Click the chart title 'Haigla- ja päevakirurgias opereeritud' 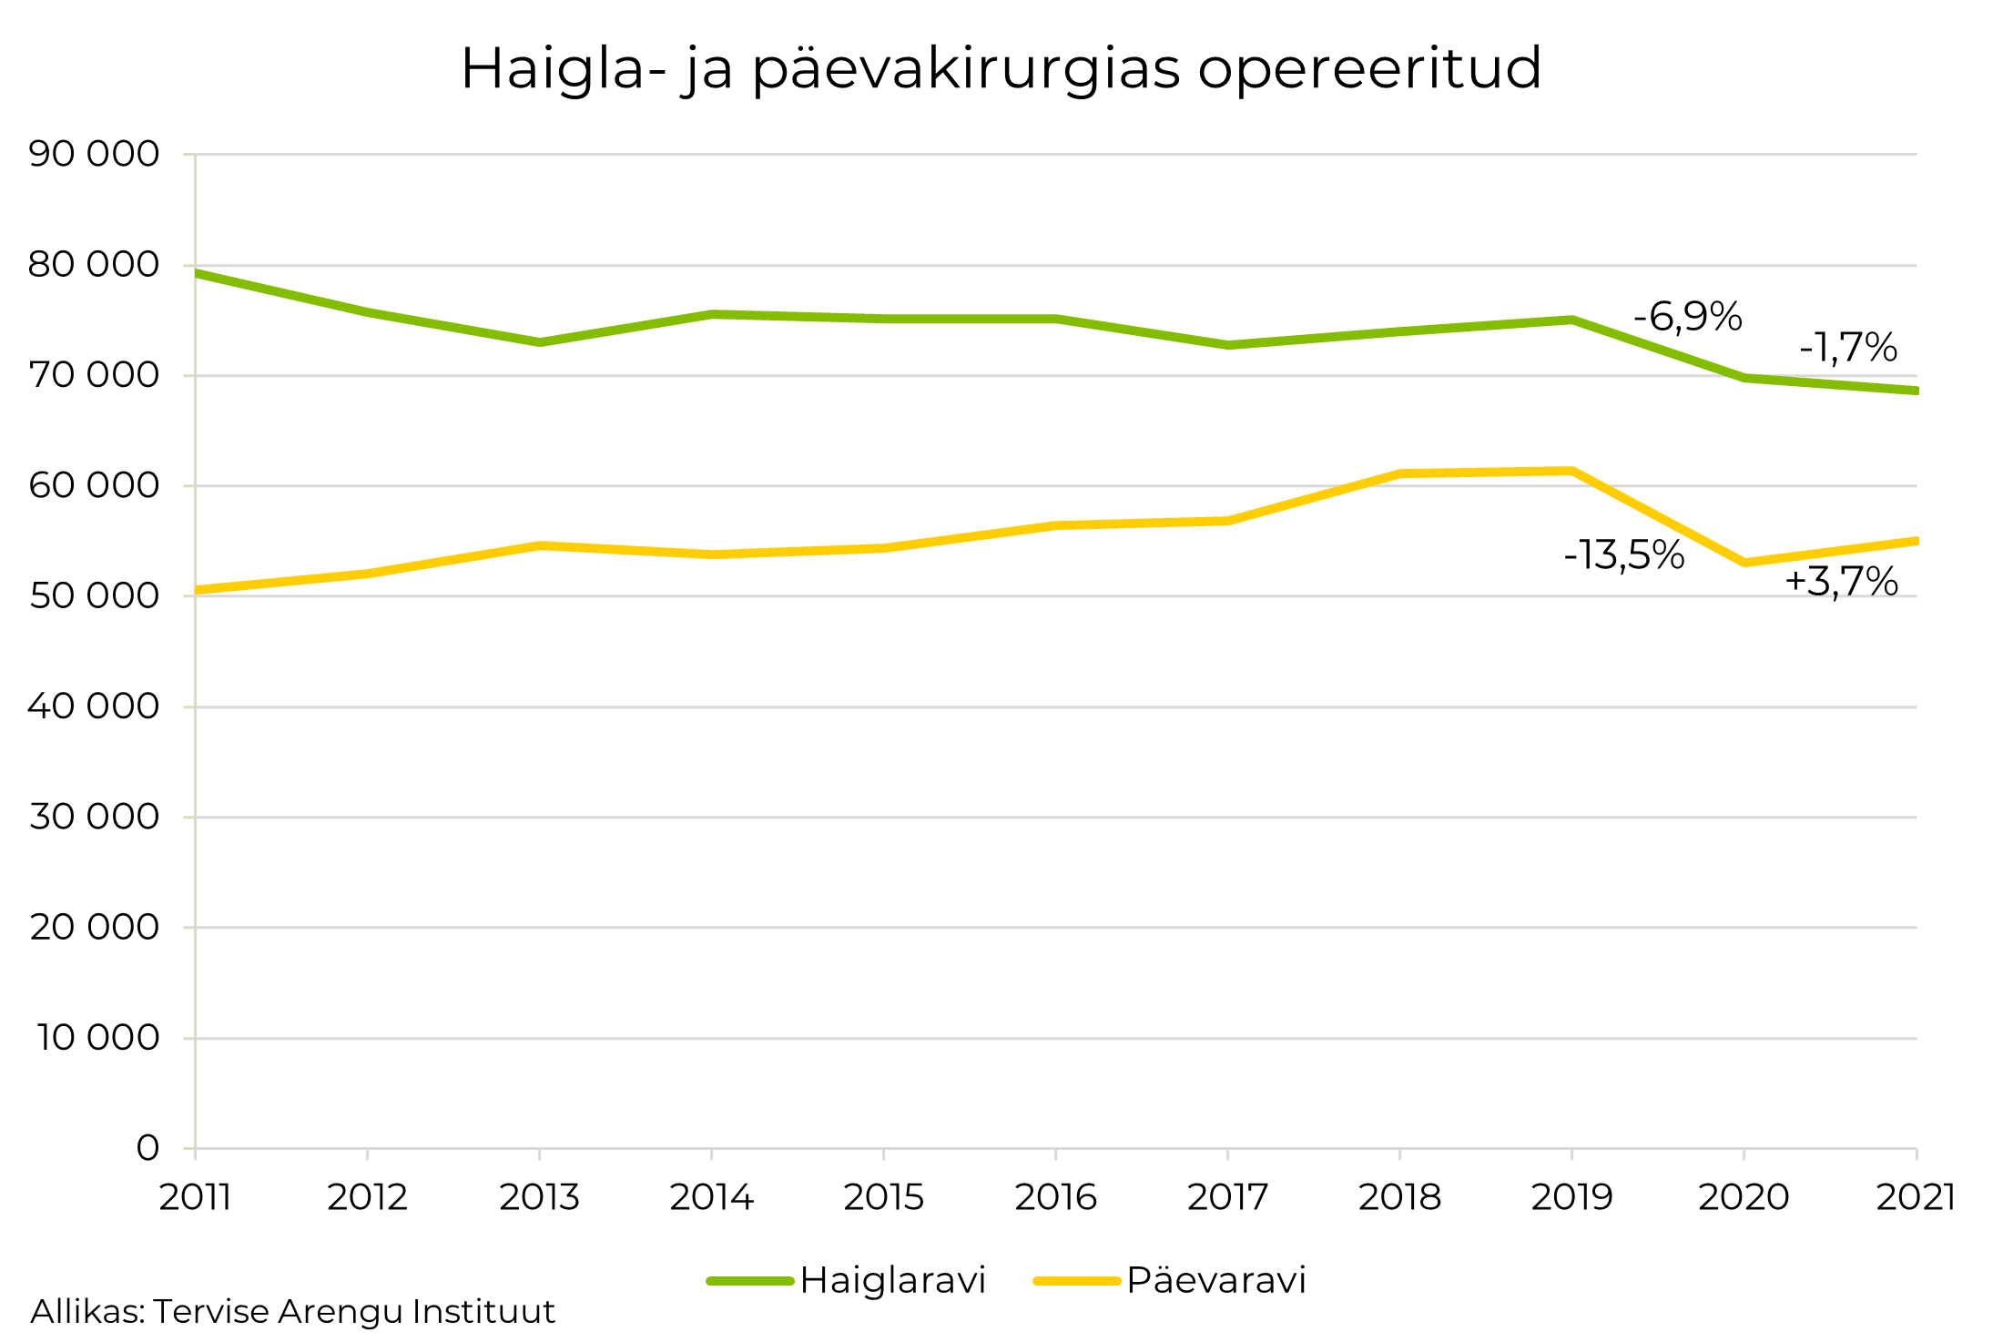click(1001, 68)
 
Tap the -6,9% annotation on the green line click(1687, 317)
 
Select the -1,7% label click(1847, 347)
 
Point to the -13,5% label click(1623, 554)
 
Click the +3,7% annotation click(1841, 581)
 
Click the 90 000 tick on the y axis click(94, 154)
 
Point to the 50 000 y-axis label click(94, 596)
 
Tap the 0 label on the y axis click(147, 1148)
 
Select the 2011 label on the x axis click(195, 1197)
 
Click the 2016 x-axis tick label click(1055, 1197)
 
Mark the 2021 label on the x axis click(1916, 1197)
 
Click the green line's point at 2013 click(540, 342)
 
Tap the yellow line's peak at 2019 click(1572, 471)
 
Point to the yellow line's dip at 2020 click(1744, 563)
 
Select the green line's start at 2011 click(197, 272)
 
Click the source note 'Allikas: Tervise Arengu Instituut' click(292, 1312)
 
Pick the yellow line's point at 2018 click(1400, 473)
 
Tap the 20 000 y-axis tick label click(94, 927)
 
